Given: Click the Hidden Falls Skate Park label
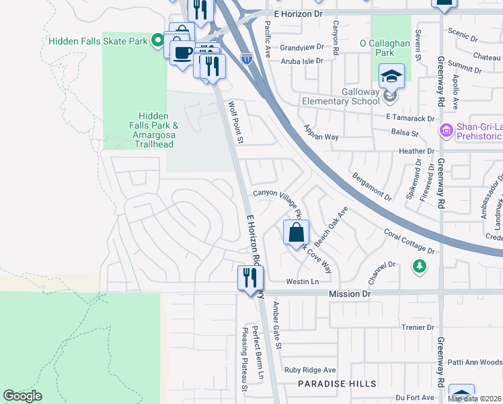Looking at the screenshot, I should (x=98, y=42).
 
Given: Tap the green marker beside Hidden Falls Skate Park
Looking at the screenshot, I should (x=158, y=42).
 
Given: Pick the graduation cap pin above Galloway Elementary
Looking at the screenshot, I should (x=391, y=77).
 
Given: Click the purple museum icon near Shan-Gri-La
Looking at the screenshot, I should (x=446, y=129).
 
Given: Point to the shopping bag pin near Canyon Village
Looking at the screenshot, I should (x=296, y=234).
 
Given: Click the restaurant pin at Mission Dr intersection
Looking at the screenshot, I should (x=250, y=277).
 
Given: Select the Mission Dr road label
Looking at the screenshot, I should (x=350, y=294).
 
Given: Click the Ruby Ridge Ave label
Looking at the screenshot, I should (x=309, y=370).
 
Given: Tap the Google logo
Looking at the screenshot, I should (x=23, y=395).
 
